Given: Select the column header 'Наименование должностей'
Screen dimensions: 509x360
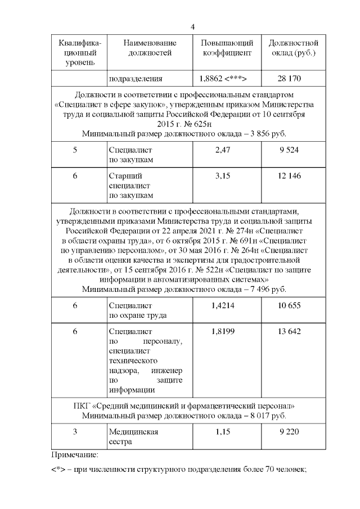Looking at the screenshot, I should [150, 48].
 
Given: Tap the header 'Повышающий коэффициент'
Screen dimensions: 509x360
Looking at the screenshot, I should [227, 48].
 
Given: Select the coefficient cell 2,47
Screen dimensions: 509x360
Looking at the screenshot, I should [227, 151].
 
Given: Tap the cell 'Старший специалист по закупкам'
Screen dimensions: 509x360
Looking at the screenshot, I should [130, 186].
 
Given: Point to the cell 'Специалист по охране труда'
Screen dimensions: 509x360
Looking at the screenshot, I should [134, 310].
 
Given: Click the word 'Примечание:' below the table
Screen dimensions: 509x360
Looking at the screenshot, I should [75, 454].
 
